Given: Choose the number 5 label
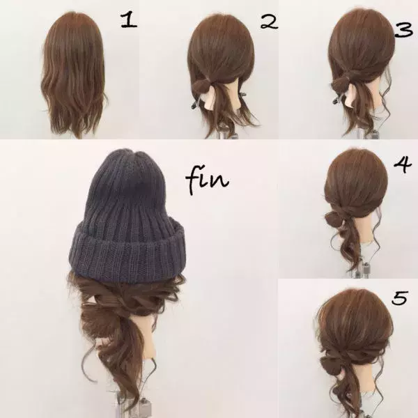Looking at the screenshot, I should (400, 299).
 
